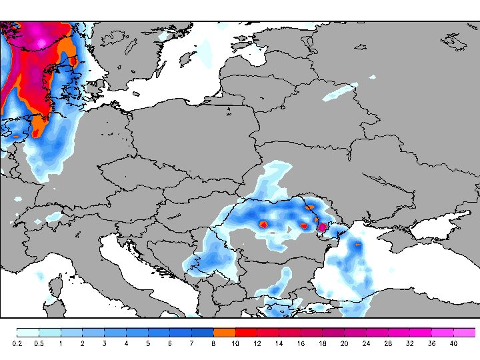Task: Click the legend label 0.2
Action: [x=17, y=343]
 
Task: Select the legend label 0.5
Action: [x=39, y=343]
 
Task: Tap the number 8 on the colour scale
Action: [x=213, y=343]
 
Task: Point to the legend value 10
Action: [x=235, y=343]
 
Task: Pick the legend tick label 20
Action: [x=344, y=343]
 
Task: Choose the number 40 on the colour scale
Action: [x=453, y=343]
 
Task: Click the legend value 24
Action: [x=366, y=343]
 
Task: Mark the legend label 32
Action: [x=409, y=343]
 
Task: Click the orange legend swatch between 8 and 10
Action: [x=225, y=332]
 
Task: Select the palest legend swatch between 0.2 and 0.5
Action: [x=28, y=332]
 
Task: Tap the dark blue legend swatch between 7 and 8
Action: [x=203, y=332]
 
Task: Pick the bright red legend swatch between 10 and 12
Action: [x=246, y=332]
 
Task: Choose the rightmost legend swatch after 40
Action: [x=465, y=332]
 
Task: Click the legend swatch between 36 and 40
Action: [x=443, y=332]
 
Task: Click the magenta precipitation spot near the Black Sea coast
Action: [x=322, y=227]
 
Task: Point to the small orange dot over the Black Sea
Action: [x=358, y=245]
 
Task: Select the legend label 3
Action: [x=104, y=343]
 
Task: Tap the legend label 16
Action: [x=301, y=343]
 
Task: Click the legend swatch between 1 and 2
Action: [x=71, y=332]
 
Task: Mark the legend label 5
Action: [x=148, y=343]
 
